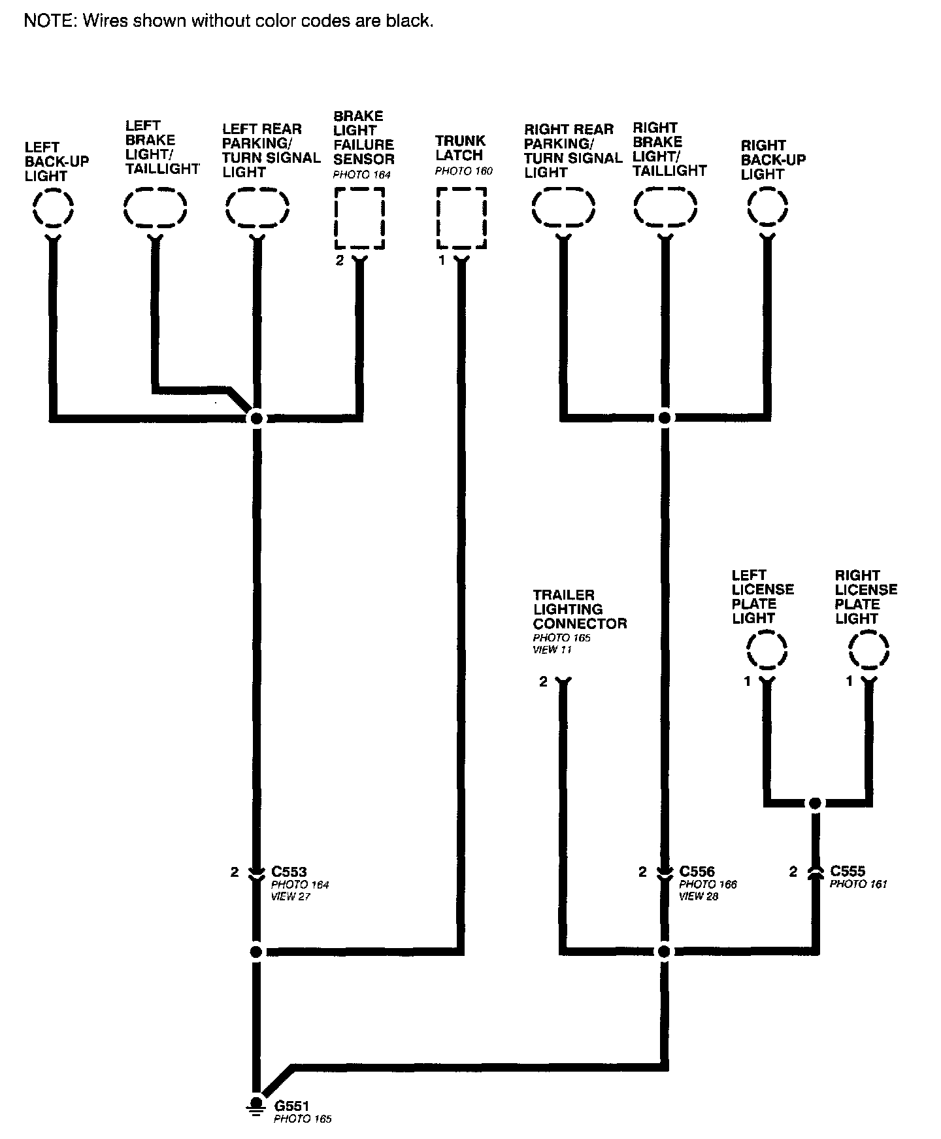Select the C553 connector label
[x=289, y=872]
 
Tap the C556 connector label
[x=697, y=872]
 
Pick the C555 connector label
[x=848, y=871]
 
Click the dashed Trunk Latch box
[x=461, y=218]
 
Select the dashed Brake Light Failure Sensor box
[x=359, y=218]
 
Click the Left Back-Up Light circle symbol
[x=53, y=209]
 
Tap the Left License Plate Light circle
[x=767, y=651]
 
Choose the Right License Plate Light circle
[x=868, y=651]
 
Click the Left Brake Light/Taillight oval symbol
[x=156, y=209]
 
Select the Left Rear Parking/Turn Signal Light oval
[x=257, y=209]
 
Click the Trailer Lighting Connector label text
[x=580, y=609]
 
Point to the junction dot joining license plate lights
[x=815, y=803]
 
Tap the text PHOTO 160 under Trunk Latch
[x=463, y=171]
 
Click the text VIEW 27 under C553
[x=290, y=896]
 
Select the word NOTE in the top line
[x=48, y=21]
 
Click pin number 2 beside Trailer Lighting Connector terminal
[x=543, y=682]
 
